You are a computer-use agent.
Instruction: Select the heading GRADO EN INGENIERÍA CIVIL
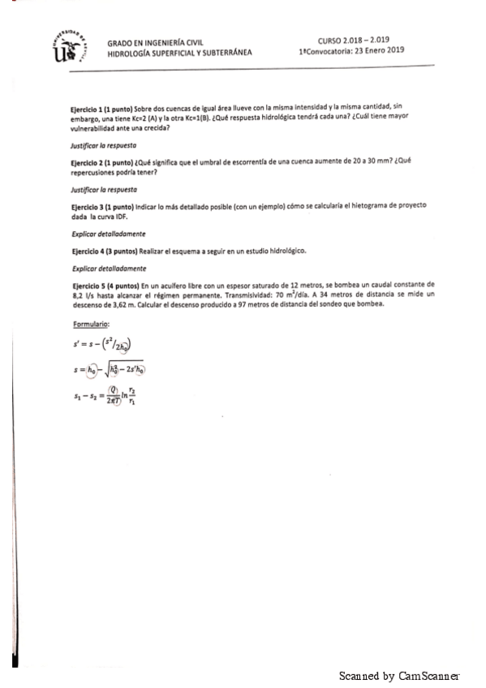coord(155,42)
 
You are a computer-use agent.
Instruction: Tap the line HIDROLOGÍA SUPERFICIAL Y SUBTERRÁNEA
coord(179,53)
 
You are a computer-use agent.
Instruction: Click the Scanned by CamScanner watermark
coord(399,675)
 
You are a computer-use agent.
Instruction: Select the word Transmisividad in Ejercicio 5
coord(237,296)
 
